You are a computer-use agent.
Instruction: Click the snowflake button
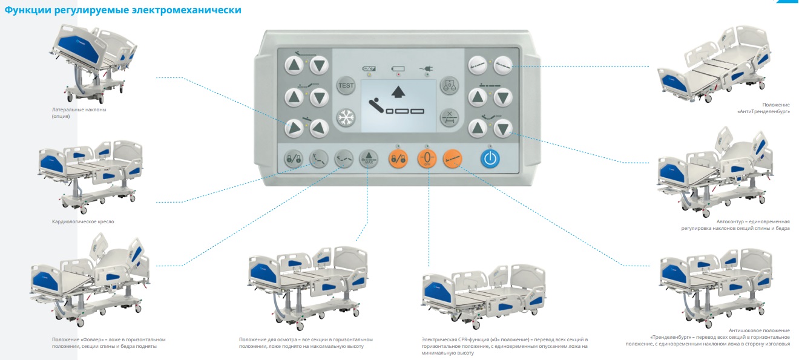346,117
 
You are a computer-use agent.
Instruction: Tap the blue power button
490,159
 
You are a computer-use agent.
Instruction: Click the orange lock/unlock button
398,159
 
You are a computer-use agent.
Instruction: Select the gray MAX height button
369,159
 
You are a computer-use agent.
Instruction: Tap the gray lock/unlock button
294,159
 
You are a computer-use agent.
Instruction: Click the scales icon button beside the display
449,85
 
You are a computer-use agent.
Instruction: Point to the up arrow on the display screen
398,91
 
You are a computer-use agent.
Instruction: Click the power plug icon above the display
427,68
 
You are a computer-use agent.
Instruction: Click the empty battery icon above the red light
398,68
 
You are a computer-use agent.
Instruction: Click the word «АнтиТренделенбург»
763,111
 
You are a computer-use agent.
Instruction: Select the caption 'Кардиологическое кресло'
83,221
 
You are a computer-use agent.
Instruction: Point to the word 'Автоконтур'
729,221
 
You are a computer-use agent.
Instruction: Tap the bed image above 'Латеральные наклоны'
93,63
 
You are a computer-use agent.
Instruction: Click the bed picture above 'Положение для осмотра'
308,287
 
